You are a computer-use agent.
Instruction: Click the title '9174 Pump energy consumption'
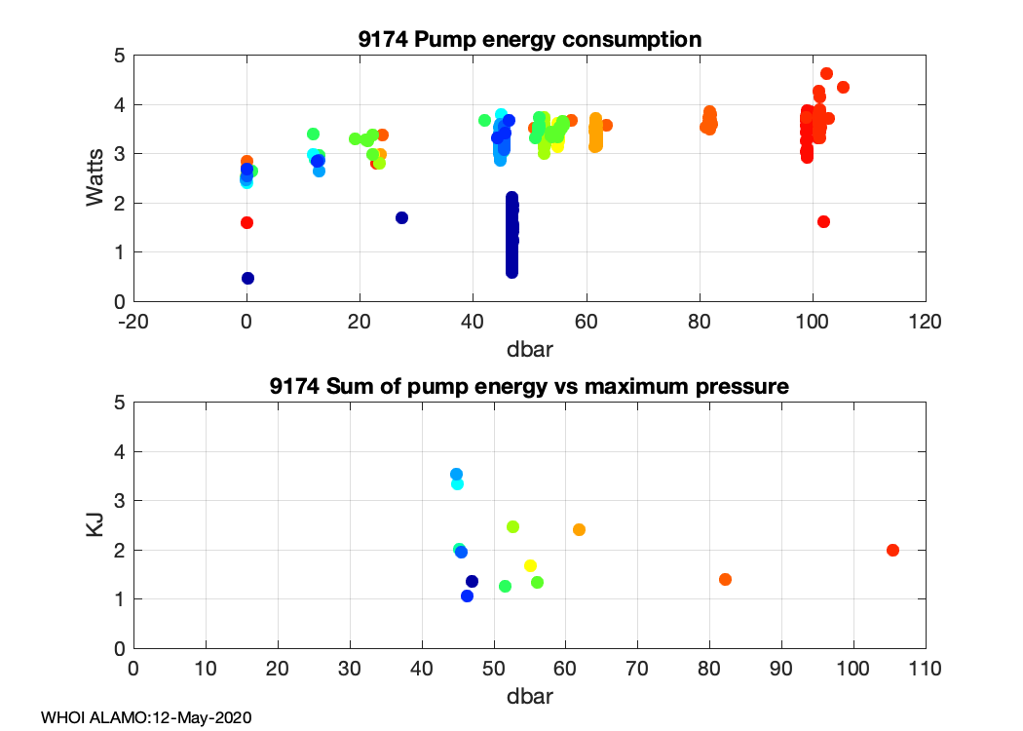(529, 40)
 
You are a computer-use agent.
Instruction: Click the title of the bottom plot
(529, 386)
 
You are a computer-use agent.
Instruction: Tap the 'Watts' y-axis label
(95, 178)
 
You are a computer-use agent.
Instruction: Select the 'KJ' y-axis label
(95, 525)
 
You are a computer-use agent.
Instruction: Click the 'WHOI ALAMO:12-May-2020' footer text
(146, 717)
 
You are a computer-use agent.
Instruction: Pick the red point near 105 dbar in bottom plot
(892, 550)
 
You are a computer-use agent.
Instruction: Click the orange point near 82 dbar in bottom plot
(725, 579)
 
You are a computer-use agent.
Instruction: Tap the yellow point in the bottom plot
(530, 565)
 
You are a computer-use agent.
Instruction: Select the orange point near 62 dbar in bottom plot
(579, 529)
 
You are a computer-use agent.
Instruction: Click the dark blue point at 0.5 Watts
(247, 278)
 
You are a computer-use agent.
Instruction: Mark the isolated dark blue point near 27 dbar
(401, 217)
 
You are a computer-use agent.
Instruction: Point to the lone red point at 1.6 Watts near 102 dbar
(823, 221)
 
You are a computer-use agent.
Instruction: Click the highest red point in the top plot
(826, 73)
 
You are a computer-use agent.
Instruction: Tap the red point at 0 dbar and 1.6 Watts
(246, 222)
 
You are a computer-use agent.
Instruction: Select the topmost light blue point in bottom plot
(456, 474)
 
